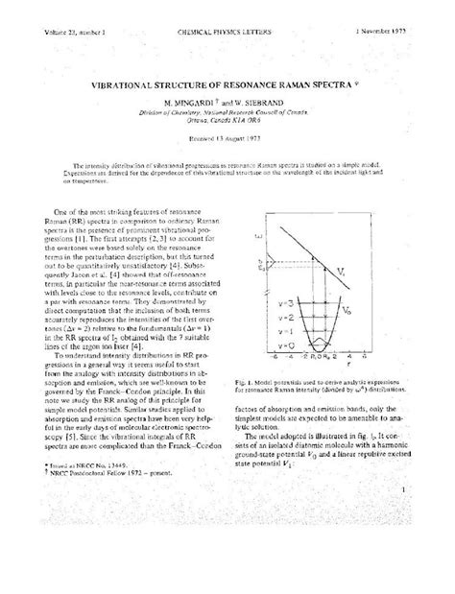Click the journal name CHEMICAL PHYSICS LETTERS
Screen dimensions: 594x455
[x=227, y=8]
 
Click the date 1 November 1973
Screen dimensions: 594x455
[x=401, y=8]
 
